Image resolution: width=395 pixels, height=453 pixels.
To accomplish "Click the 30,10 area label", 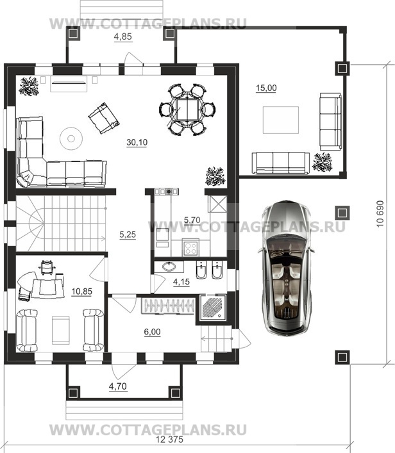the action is click(137, 142).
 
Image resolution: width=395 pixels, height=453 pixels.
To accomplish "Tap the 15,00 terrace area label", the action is click(266, 88).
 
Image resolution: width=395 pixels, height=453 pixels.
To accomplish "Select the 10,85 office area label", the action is click(82, 292).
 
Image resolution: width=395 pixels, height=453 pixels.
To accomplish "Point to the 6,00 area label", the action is click(153, 332).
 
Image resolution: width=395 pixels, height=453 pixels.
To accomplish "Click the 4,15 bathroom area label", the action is click(181, 282).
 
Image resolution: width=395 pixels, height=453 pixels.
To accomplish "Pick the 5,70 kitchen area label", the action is click(192, 220).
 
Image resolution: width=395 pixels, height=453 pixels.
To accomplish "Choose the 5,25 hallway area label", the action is click(128, 235).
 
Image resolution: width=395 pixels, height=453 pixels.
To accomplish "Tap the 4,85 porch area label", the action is click(123, 37).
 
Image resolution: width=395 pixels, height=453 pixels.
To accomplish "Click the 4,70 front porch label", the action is click(118, 386).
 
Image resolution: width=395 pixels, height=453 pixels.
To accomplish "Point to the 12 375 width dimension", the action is click(169, 440).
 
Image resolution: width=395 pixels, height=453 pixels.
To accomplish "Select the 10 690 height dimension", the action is click(380, 214).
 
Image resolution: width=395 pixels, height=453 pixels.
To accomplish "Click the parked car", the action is click(285, 267).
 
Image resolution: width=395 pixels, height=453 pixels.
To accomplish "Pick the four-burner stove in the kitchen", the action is click(190, 248).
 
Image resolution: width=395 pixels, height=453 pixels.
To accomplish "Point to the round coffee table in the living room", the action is click(71, 138).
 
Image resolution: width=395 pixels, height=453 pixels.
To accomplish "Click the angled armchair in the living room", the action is click(104, 118).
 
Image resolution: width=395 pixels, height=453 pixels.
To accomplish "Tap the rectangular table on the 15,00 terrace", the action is click(280, 120).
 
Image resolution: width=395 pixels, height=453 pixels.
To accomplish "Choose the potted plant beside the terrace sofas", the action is click(322, 162).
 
